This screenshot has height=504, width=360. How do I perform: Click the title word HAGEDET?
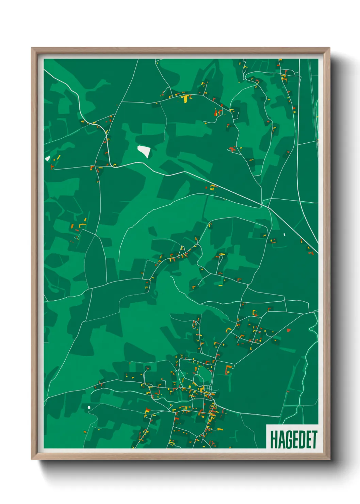point(293,440)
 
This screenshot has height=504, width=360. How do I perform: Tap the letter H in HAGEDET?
point(273,440)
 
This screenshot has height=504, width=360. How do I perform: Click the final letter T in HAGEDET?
point(314,440)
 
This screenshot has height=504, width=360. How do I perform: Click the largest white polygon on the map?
point(144,151)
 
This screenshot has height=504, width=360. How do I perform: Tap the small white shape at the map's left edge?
point(48,158)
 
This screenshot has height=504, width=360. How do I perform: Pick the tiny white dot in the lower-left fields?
point(89,407)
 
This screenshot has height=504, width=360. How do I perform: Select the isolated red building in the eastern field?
point(289,330)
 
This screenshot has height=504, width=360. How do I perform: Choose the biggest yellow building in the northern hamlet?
point(185,98)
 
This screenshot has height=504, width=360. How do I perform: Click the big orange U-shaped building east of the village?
point(229,368)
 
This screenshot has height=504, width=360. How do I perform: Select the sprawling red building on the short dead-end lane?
point(232,149)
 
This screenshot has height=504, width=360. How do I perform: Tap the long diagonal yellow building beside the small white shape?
point(58,158)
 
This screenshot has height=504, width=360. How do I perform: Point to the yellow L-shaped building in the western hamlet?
point(82,225)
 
